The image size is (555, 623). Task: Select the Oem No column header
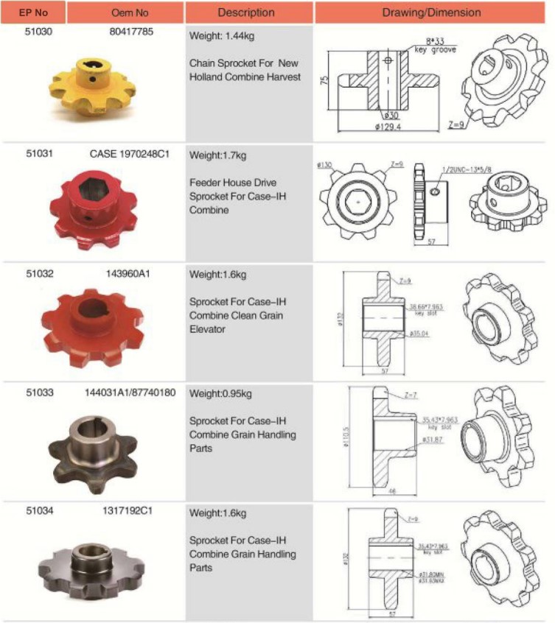click(x=125, y=12)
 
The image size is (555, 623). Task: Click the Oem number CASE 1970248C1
click(x=130, y=155)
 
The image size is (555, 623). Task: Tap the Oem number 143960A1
click(x=130, y=274)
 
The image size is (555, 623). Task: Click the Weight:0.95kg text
click(x=221, y=394)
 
